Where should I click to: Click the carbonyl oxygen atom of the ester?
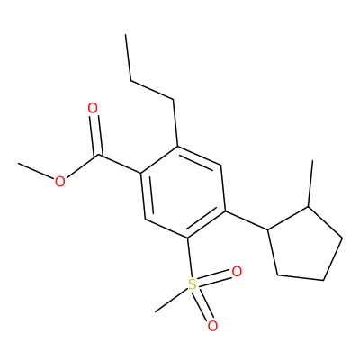coord(93,108)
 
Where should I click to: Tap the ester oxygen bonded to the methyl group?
coord(60,182)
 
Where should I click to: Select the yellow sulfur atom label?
coord(192,284)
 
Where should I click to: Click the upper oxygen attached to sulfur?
coord(237,272)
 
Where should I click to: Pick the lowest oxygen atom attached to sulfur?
coord(212,326)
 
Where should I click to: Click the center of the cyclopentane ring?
coord(305,247)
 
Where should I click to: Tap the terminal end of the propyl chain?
coord(126,34)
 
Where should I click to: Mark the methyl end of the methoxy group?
coord(18,164)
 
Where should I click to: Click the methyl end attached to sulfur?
coord(155,311)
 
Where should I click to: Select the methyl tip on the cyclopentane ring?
coord(313,161)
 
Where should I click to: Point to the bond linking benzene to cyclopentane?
coord(247,220)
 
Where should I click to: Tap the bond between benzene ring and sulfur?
coord(189,258)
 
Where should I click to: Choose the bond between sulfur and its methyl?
coord(171,300)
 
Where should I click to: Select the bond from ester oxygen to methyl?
coord(36,172)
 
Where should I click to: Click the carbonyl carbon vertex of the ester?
coord(99,156)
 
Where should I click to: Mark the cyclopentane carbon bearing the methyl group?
coord(308,206)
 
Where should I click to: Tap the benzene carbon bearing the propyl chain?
coord(177,147)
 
